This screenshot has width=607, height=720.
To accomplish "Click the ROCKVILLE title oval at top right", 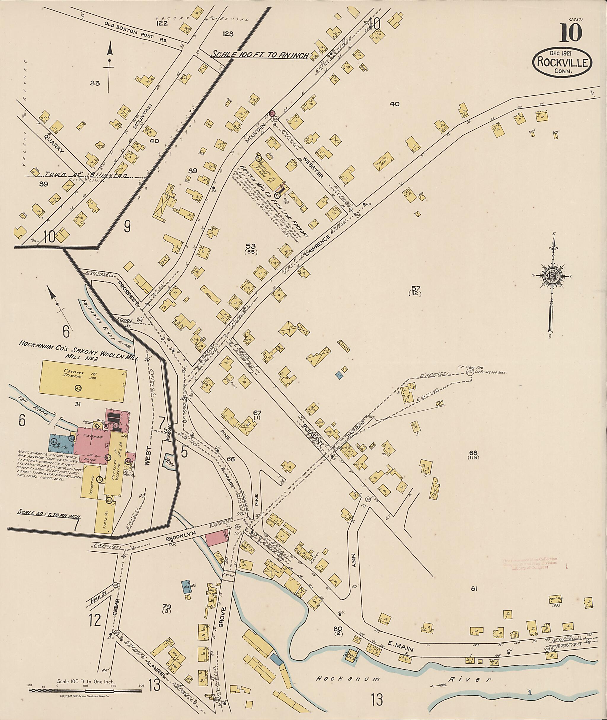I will pos(562,62).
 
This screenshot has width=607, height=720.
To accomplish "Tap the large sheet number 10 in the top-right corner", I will pos(571,33).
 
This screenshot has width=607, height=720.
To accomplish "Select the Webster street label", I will pos(317,169).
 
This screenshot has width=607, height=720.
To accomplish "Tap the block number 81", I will pos(474,589).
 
